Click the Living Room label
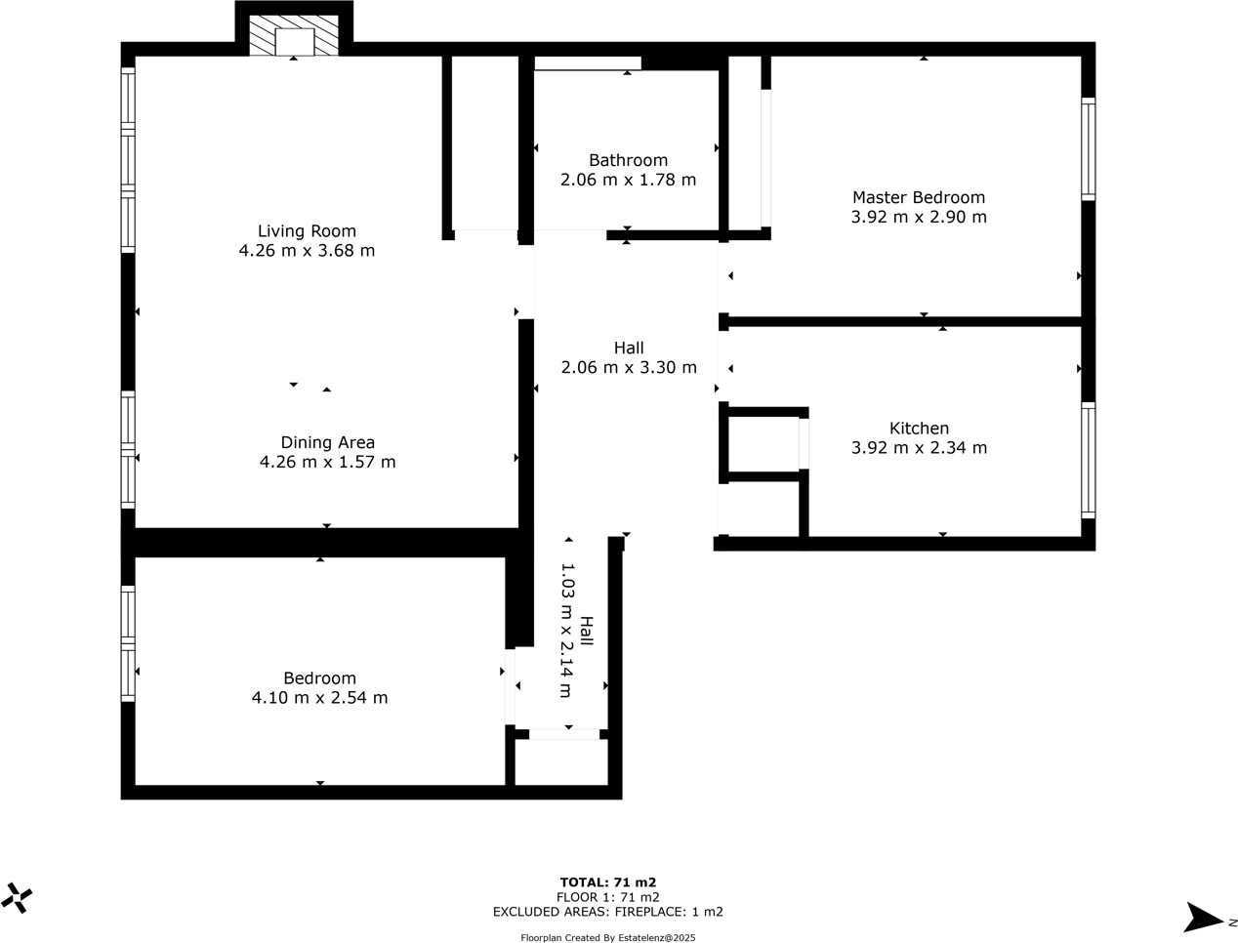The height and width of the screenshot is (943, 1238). tap(307, 231)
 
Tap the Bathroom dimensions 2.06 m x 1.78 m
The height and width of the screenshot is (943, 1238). tap(628, 180)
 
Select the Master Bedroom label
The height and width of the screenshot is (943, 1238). tap(918, 197)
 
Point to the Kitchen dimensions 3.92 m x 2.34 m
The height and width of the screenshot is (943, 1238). tap(919, 448)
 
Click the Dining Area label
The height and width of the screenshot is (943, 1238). tap(327, 442)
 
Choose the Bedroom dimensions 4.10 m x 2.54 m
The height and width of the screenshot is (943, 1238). tap(319, 698)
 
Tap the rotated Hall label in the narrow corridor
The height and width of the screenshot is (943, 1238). tap(586, 631)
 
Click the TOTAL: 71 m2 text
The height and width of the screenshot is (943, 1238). tap(607, 882)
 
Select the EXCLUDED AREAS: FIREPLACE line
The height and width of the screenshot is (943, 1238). tap(607, 912)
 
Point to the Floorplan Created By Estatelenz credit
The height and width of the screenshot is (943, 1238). tap(607, 937)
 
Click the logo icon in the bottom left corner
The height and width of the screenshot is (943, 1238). tap(17, 897)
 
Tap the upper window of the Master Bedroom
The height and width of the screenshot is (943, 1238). tap(1088, 148)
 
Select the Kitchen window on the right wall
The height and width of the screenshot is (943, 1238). tap(1088, 460)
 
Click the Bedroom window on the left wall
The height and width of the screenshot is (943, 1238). tap(128, 642)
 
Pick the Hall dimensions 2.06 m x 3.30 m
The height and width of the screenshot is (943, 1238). tap(629, 368)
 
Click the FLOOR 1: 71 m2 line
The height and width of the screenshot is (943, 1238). tap(607, 897)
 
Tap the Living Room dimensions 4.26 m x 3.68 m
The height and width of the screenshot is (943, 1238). tap(307, 251)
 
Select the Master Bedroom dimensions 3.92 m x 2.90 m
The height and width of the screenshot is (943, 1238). tap(918, 218)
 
